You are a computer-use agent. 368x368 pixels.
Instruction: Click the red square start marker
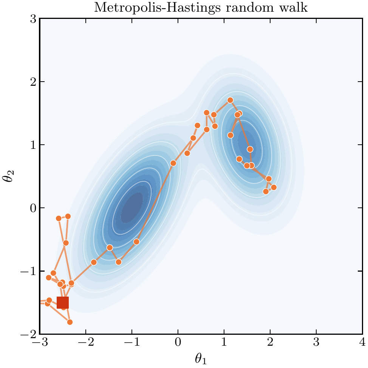[x=63, y=303]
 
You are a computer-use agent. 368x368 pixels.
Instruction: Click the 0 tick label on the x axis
[x=178, y=343]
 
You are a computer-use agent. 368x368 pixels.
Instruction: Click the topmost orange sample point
[x=230, y=100]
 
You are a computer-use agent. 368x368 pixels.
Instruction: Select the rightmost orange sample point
[x=274, y=187]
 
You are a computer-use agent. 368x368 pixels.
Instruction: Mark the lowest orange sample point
[x=70, y=322]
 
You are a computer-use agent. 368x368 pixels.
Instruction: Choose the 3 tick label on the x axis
[x=316, y=343]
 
